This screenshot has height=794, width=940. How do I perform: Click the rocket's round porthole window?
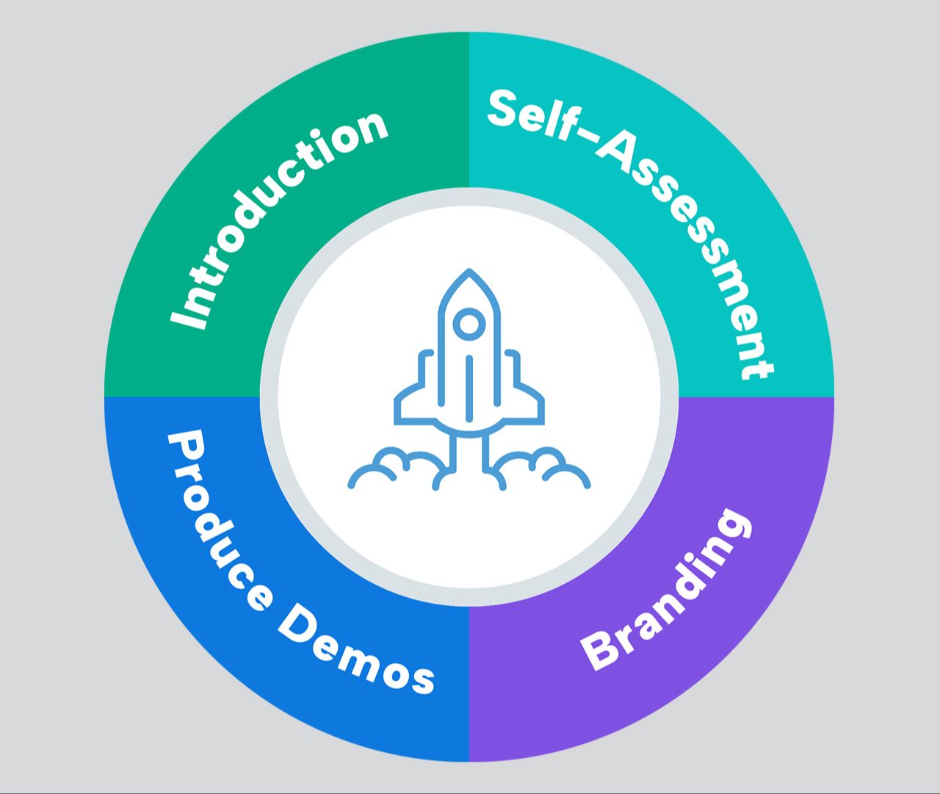(x=469, y=324)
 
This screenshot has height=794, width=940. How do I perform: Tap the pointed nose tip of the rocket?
(x=469, y=273)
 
